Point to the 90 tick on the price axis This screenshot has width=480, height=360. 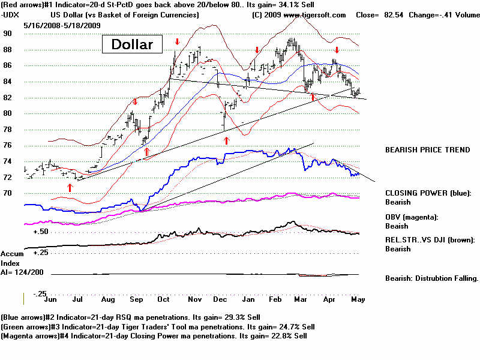[x=7, y=34]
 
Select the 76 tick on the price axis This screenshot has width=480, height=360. [x=7, y=145]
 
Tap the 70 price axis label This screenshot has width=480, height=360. [x=7, y=193]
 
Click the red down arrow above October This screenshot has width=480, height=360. [x=177, y=41]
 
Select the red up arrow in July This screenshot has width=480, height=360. [x=70, y=187]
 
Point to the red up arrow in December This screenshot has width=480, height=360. [x=226, y=140]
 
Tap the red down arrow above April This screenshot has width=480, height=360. [x=337, y=50]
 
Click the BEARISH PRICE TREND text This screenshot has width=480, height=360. [x=427, y=150]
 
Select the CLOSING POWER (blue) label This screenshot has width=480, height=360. [x=428, y=193]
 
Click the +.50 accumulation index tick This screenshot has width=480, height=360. [x=41, y=231]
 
